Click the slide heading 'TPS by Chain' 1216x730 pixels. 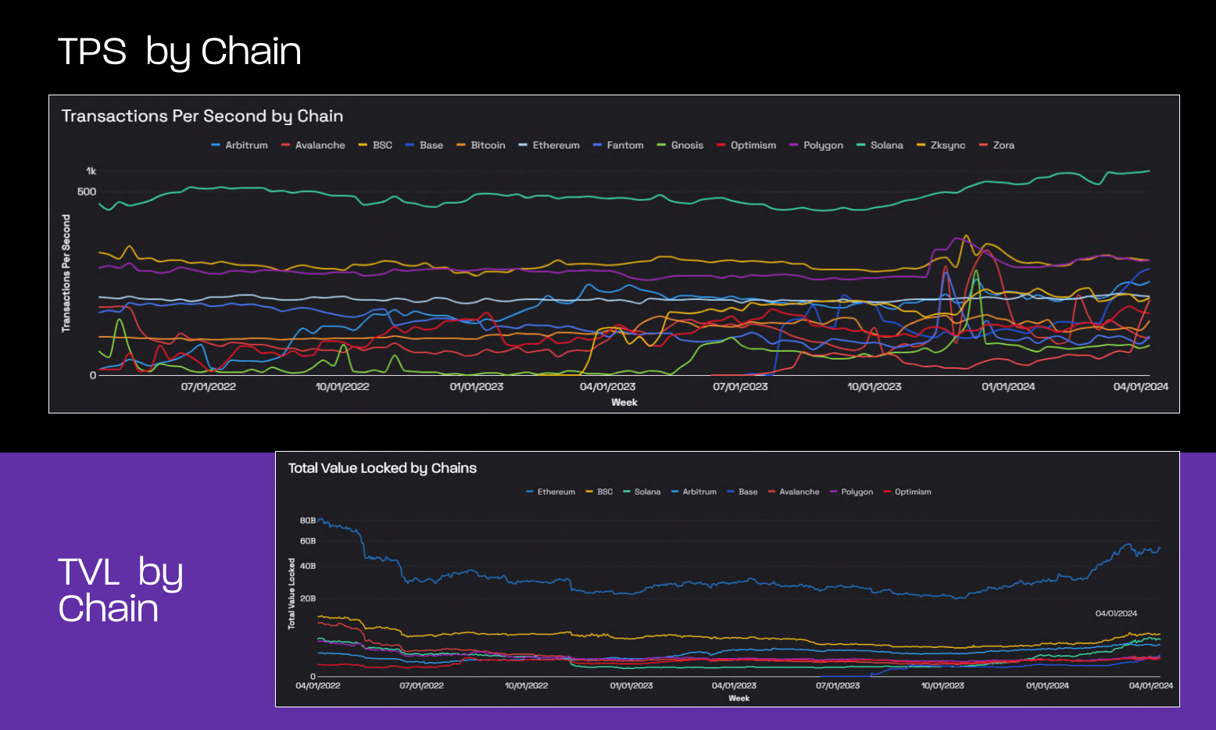coord(179,52)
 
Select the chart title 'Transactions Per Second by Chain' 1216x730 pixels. coord(202,116)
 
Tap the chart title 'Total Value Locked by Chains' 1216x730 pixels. coord(382,468)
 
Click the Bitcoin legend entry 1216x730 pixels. coord(481,145)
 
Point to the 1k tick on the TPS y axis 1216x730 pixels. coord(91,171)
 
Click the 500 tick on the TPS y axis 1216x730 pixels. coord(87,191)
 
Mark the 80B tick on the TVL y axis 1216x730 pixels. coord(308,521)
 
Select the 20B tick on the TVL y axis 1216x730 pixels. coord(308,599)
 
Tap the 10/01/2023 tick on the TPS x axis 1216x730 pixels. coord(874,387)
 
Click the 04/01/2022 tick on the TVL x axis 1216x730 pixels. coord(318,685)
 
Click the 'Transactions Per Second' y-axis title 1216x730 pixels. coord(66,274)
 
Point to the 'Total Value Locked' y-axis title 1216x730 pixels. coord(291,593)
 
